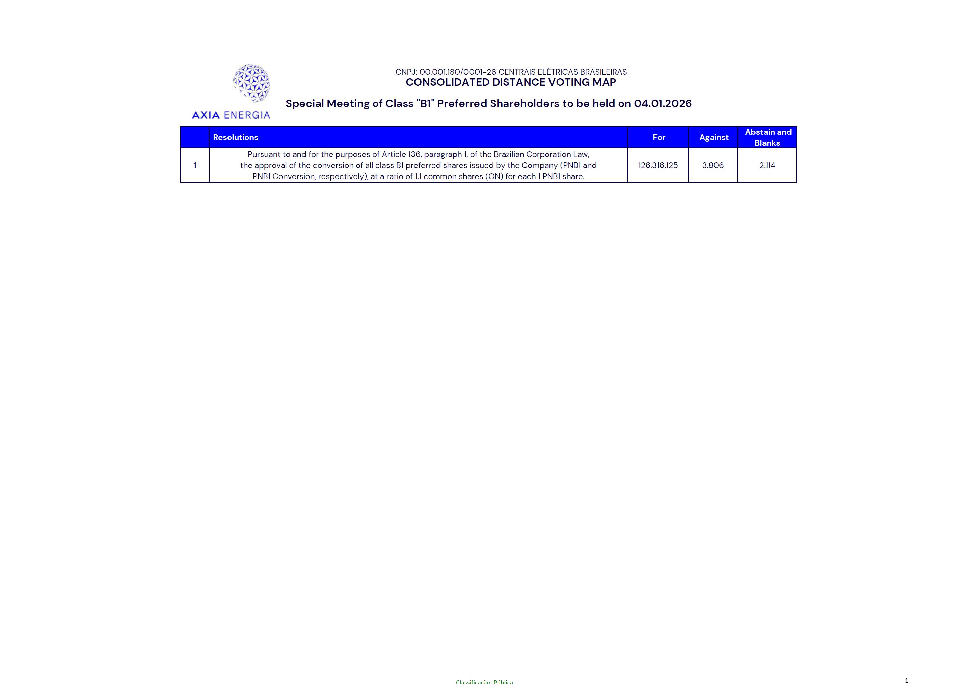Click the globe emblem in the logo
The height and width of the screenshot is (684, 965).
click(251, 83)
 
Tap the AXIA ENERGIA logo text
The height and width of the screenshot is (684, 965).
click(231, 115)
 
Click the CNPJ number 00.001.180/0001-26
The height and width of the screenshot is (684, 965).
click(457, 72)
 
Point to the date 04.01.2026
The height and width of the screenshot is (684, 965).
click(663, 104)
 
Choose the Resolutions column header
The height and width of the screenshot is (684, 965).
click(236, 137)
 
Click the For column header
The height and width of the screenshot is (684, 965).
click(659, 137)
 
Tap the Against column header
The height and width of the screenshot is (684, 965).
click(714, 137)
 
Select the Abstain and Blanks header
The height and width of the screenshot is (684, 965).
click(768, 137)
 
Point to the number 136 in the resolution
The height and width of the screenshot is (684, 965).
click(414, 155)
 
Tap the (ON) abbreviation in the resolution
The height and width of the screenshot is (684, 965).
click(494, 177)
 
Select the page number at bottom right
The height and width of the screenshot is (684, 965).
click(906, 680)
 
